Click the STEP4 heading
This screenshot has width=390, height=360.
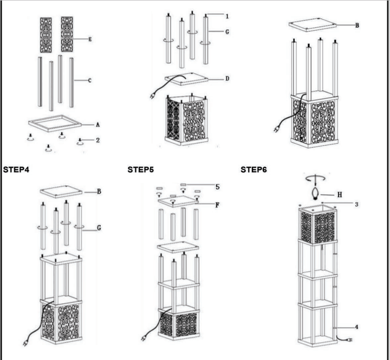coord(16,169)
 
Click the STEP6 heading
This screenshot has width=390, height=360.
coord(254,169)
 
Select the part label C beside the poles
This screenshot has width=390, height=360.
coord(90,81)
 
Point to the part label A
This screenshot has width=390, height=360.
coord(97,124)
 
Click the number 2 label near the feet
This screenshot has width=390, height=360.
coord(97,141)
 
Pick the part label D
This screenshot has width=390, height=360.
coord(227,79)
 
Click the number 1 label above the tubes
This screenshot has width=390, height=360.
coord(227,16)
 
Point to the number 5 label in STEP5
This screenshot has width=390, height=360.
coord(217,187)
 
